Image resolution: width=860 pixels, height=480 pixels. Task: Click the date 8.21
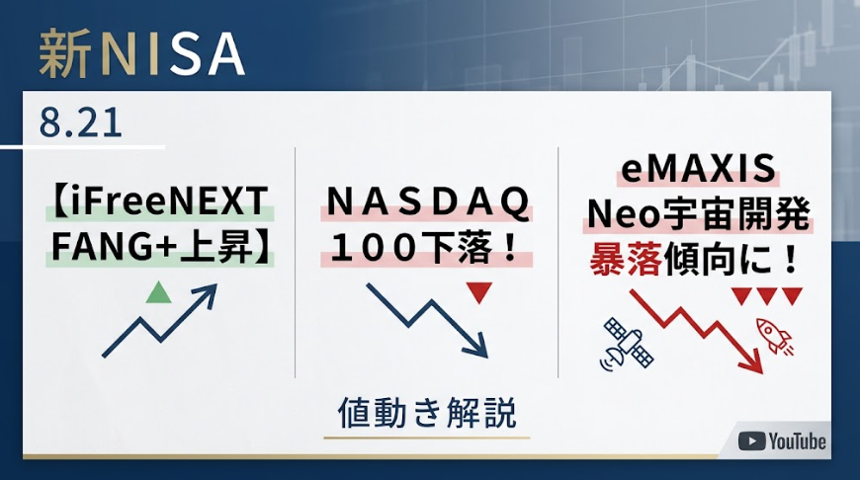point(80,122)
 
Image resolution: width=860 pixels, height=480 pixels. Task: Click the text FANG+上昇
point(152,247)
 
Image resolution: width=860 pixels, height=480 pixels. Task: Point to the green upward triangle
point(159,292)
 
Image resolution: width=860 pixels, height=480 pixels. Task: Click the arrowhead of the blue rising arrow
point(208,293)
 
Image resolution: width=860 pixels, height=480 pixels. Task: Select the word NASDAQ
point(427,202)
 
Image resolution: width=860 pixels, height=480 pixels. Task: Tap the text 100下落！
point(426,248)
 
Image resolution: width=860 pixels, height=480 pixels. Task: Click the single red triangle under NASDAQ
point(478,292)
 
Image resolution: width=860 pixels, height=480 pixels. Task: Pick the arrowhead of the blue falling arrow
point(477,347)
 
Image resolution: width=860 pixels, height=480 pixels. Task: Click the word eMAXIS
point(698,168)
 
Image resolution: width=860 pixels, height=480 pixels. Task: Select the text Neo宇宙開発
point(698,213)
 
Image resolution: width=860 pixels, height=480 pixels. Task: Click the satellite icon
point(628,344)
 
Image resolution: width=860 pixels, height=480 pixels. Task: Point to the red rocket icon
point(774,335)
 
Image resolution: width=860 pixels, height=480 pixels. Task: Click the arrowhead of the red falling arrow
point(753,361)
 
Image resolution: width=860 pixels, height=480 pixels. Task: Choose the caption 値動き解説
point(427,412)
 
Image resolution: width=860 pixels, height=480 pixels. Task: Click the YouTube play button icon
point(751,441)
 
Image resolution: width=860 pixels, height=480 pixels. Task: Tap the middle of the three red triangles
point(766,296)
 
